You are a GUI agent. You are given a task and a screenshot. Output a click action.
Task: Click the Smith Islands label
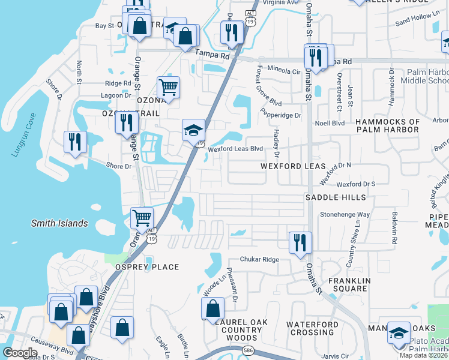[59, 224]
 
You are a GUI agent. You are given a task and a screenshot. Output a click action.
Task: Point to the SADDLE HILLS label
[335, 197]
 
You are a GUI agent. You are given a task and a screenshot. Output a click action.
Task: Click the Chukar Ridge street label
[259, 259]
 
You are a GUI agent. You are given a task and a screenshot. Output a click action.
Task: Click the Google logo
[20, 352]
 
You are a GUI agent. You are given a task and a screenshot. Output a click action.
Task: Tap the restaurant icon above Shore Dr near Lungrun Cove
[75, 142]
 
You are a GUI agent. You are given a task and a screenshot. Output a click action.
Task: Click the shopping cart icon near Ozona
[169, 87]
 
